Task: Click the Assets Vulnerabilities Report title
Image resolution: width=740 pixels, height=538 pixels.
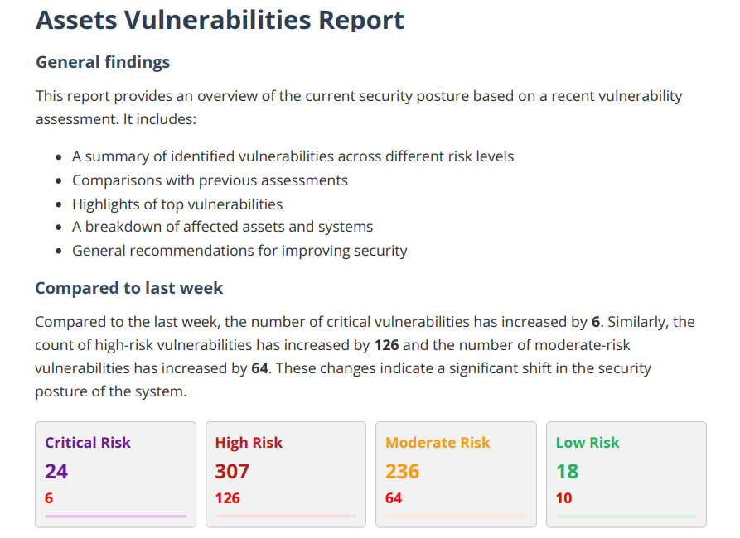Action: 220,20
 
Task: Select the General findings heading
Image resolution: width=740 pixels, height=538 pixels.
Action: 103,63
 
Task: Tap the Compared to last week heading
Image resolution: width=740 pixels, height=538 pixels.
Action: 128,288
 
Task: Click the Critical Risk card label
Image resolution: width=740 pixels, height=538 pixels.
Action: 88,442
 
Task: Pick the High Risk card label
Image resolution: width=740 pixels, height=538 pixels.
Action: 249,442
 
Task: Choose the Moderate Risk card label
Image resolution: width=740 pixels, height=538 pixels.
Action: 438,442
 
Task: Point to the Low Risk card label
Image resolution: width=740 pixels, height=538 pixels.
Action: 588,442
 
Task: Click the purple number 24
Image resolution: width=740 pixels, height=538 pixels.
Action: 56,471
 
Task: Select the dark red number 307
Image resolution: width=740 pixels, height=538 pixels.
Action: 232,471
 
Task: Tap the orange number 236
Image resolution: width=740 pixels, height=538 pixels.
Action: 403,471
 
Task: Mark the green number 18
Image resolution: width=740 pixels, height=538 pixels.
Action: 568,471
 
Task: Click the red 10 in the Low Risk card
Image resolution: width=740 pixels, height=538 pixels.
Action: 564,498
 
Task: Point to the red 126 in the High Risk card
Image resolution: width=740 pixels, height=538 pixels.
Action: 228,498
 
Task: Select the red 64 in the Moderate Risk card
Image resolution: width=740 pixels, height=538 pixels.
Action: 394,498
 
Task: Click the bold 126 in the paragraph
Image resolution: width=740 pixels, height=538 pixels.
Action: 386,345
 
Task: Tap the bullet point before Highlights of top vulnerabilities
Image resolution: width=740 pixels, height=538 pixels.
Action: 59,204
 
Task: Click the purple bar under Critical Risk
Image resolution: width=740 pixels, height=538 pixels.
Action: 116,516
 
